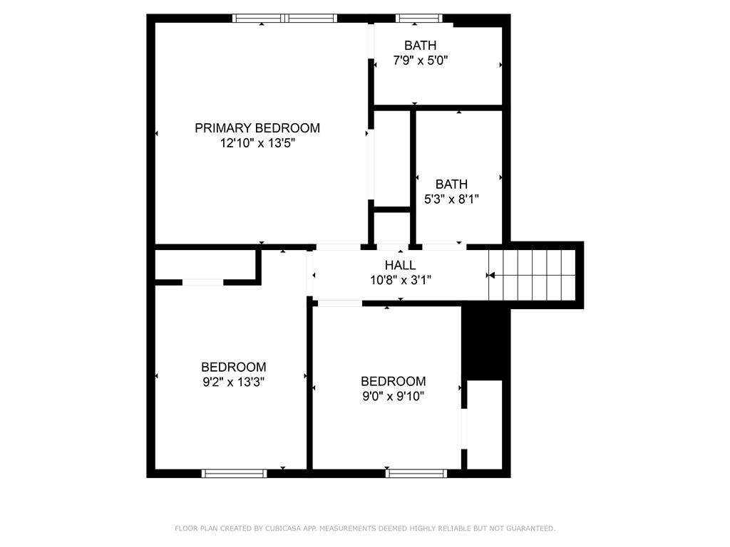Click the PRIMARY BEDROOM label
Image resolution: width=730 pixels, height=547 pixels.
tap(257, 128)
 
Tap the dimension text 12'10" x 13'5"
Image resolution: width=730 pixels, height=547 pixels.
tap(257, 142)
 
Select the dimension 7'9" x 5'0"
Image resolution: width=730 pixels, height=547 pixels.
tap(421, 60)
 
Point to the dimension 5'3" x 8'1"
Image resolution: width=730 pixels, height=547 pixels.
tap(451, 199)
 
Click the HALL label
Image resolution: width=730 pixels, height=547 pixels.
tap(401, 265)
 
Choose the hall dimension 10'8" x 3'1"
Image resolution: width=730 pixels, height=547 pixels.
tap(401, 280)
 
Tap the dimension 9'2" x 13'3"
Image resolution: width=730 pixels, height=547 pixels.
tap(234, 382)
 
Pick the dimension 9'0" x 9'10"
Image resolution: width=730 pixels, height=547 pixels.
tap(394, 396)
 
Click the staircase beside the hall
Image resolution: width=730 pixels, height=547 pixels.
tap(532, 276)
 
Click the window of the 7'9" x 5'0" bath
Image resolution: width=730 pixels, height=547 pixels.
tap(418, 18)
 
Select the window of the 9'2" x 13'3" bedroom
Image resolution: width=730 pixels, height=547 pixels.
tap(234, 474)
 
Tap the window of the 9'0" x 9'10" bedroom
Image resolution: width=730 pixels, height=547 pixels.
tap(416, 474)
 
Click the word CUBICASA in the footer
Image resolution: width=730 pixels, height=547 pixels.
tap(282, 528)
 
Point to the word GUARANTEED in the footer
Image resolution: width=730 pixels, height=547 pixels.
tap(530, 528)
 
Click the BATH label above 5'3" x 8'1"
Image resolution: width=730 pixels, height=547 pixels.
tap(451, 184)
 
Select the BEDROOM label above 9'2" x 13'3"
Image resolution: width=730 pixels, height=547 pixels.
tap(234, 367)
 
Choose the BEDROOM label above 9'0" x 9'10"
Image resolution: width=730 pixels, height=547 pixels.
tap(394, 382)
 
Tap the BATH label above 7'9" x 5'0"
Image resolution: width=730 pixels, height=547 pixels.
tap(421, 45)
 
